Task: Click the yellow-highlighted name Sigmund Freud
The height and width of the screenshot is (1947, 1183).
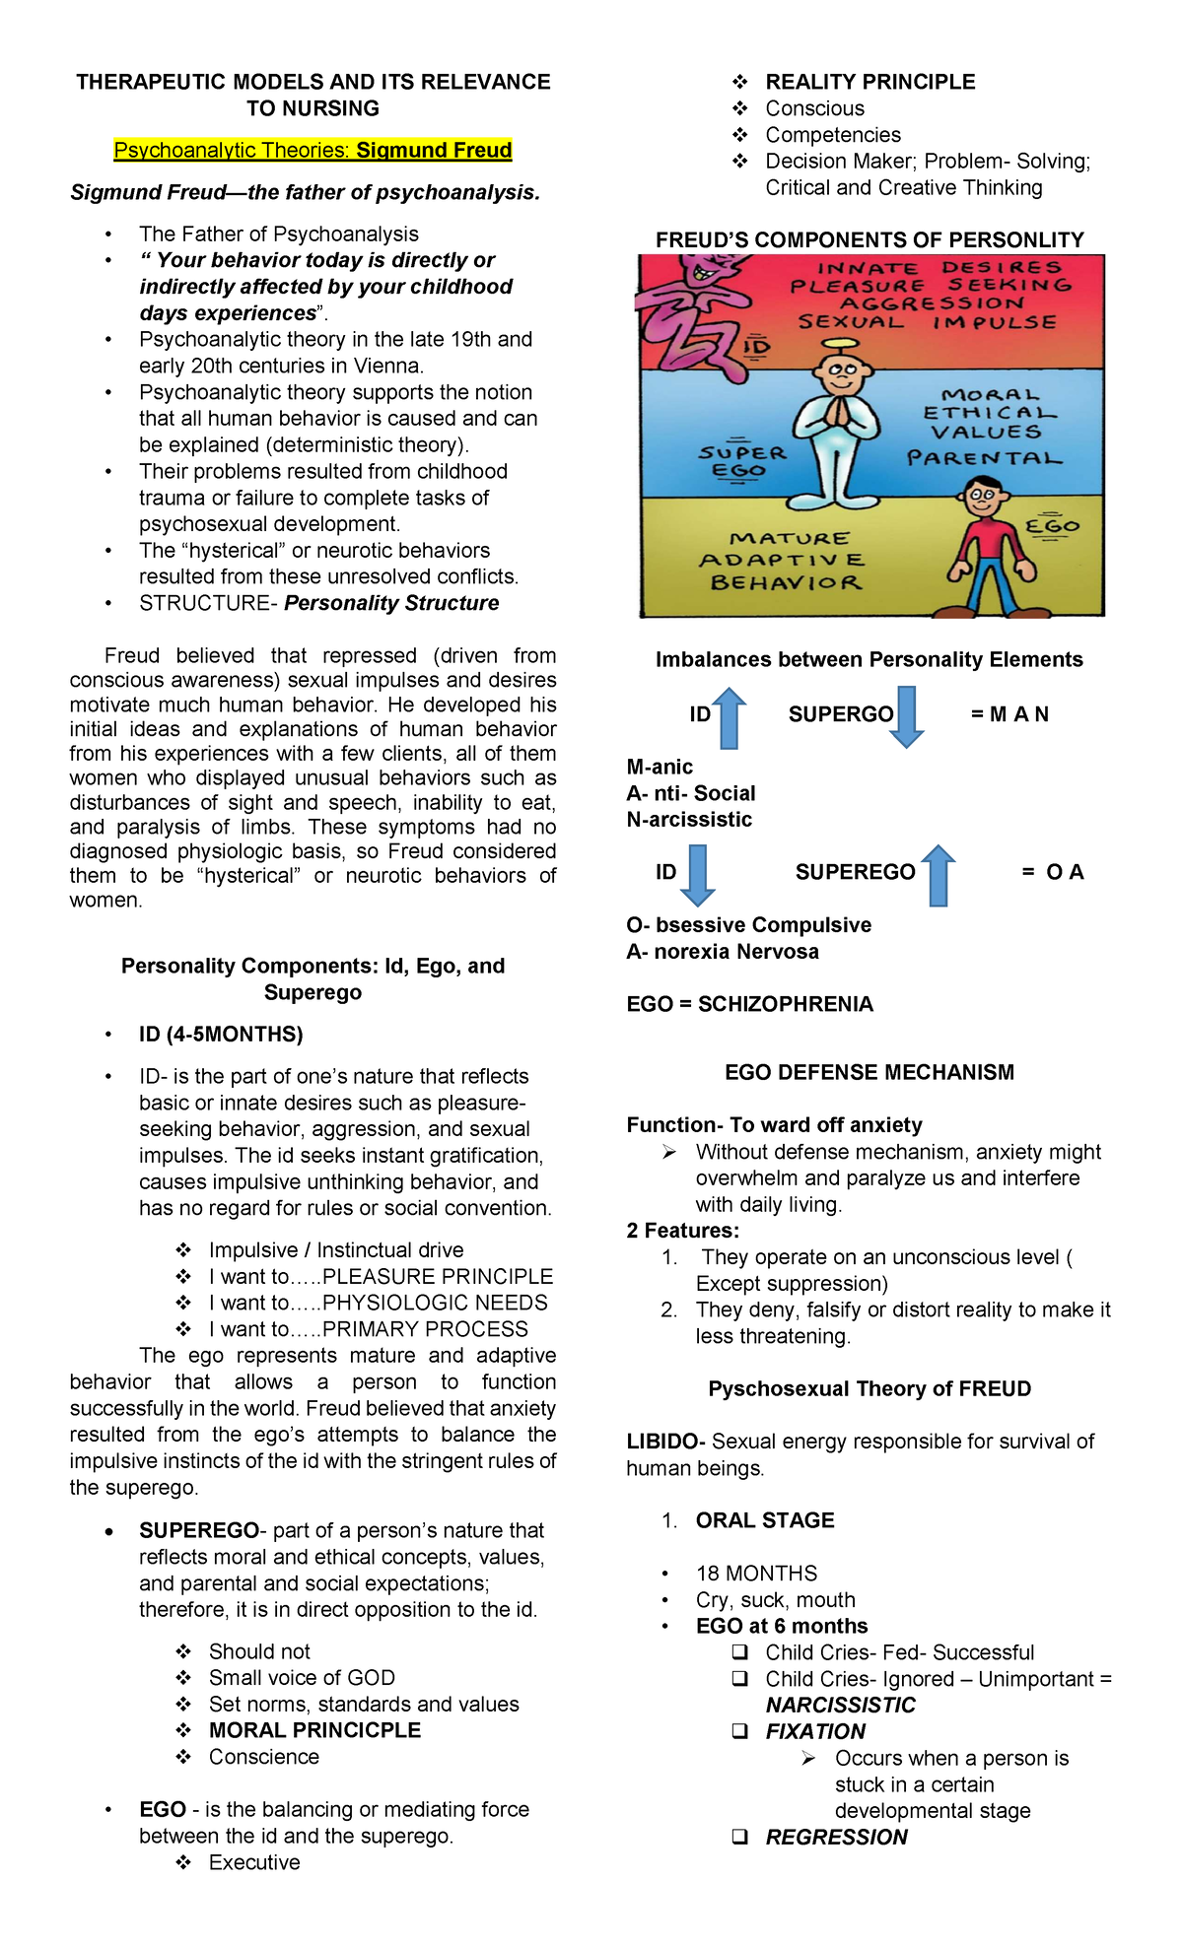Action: pos(434,150)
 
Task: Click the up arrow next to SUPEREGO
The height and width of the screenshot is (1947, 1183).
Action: pos(939,875)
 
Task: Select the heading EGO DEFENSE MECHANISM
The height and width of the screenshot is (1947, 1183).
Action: pos(869,1072)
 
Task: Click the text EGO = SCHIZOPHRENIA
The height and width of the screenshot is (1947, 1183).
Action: pos(749,1004)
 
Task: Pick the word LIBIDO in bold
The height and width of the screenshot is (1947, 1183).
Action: pos(663,1442)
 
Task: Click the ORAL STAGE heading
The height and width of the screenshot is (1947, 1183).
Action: pos(765,1520)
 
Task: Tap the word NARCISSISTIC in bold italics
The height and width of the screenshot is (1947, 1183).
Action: pos(840,1705)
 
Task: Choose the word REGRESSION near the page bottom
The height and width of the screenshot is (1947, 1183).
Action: pos(836,1837)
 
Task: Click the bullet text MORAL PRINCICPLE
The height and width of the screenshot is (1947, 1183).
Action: pos(314,1730)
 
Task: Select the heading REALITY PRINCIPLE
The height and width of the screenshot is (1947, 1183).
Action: pos(870,82)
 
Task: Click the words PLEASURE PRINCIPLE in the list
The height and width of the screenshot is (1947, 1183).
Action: pos(438,1276)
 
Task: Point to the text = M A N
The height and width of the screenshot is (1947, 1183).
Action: pos(1009,714)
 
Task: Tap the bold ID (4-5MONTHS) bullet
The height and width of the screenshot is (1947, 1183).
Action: pos(221,1034)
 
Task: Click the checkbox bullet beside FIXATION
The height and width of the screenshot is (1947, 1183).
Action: pos(739,1731)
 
